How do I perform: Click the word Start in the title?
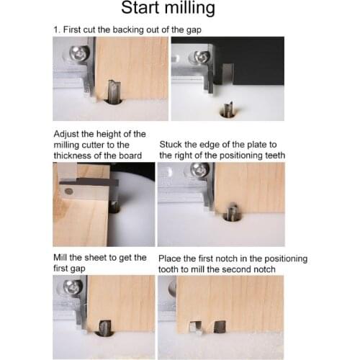(145, 9)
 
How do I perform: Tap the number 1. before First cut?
(57, 30)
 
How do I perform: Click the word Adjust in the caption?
(67, 134)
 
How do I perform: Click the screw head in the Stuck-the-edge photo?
(201, 171)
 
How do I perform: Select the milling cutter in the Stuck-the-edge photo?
(233, 212)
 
